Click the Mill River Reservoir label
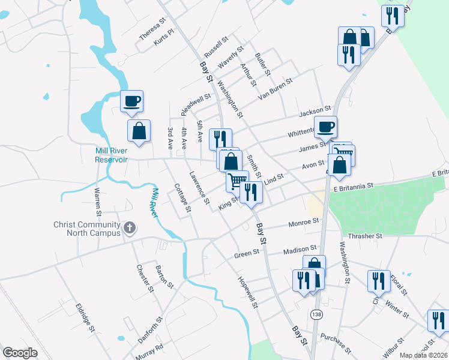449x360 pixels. pyautogui.click(x=111, y=155)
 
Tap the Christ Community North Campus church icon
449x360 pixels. pyautogui.click(x=130, y=228)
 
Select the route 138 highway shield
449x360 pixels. pyautogui.click(x=316, y=314)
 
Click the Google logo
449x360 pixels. pyautogui.click(x=20, y=353)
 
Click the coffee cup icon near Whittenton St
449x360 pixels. pyautogui.click(x=325, y=127)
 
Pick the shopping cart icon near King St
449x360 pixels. pyautogui.click(x=237, y=180)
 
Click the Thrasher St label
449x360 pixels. pyautogui.click(x=365, y=236)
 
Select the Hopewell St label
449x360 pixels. pyautogui.click(x=247, y=293)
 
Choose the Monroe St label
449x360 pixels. pyautogui.click(x=303, y=222)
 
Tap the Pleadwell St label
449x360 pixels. pyautogui.click(x=196, y=97)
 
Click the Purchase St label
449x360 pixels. pyautogui.click(x=336, y=342)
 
